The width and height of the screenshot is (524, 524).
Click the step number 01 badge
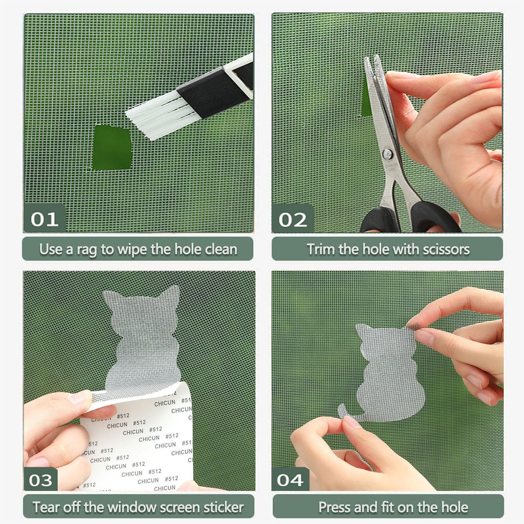(44, 219)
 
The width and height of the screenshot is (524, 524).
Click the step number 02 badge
(292, 219)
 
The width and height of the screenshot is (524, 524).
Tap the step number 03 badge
(41, 480)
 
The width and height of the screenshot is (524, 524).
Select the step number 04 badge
(290, 480)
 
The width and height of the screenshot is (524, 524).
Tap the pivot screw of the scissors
(388, 153)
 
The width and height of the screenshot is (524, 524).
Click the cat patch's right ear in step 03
(172, 296)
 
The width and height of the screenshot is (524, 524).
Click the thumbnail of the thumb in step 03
(78, 398)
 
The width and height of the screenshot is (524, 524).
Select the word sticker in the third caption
(223, 507)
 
